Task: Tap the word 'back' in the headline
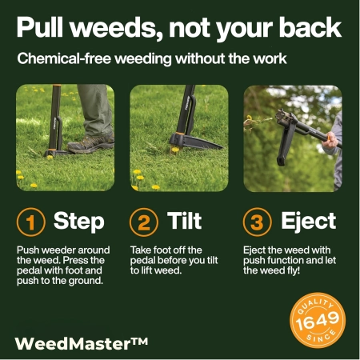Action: tap(306, 28)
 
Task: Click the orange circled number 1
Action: tap(30, 222)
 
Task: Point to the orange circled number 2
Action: tap(144, 222)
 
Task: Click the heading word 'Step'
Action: tap(78, 222)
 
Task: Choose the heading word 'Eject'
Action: tap(308, 222)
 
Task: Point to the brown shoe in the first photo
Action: tap(90, 144)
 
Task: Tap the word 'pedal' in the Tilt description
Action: tap(145, 260)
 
